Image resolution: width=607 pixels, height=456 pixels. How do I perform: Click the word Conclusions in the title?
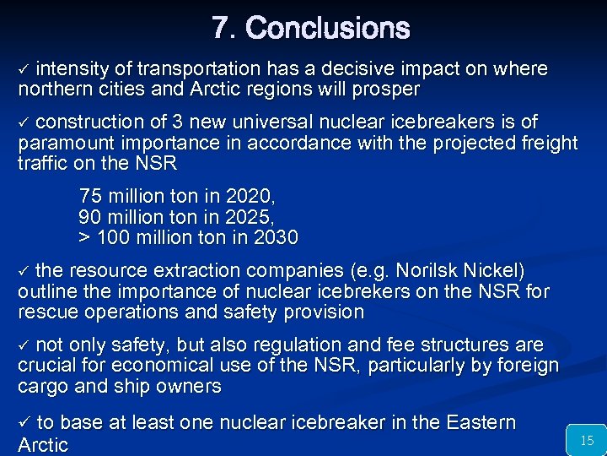coord(328,29)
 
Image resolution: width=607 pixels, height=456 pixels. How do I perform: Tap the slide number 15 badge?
coord(587,440)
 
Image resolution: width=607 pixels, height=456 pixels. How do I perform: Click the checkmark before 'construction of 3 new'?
coord(24,122)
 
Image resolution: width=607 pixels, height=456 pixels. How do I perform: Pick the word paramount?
coord(64,143)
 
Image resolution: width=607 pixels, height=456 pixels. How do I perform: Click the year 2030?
coord(276,238)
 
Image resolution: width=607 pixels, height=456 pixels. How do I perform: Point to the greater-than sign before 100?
coord(84,238)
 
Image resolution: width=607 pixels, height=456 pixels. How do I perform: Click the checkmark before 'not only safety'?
coord(24,346)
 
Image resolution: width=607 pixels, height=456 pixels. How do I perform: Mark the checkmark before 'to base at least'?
coord(24,423)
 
